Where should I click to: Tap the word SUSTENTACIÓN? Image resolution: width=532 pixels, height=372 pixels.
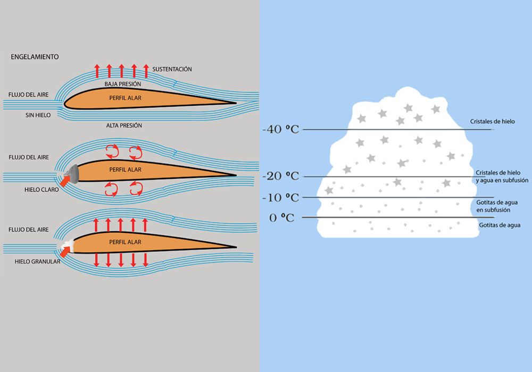coord(172,70)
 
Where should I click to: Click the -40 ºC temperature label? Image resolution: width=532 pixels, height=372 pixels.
coord(280,129)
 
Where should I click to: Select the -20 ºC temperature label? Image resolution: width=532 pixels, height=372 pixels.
coord(280,176)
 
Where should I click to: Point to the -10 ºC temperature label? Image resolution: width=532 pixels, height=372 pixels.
coord(280,197)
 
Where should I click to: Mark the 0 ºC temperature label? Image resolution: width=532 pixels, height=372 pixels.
coord(282,217)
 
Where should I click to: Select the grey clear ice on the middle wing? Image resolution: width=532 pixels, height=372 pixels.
coord(73,172)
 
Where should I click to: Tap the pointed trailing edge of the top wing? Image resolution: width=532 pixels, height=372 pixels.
coord(235,103)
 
